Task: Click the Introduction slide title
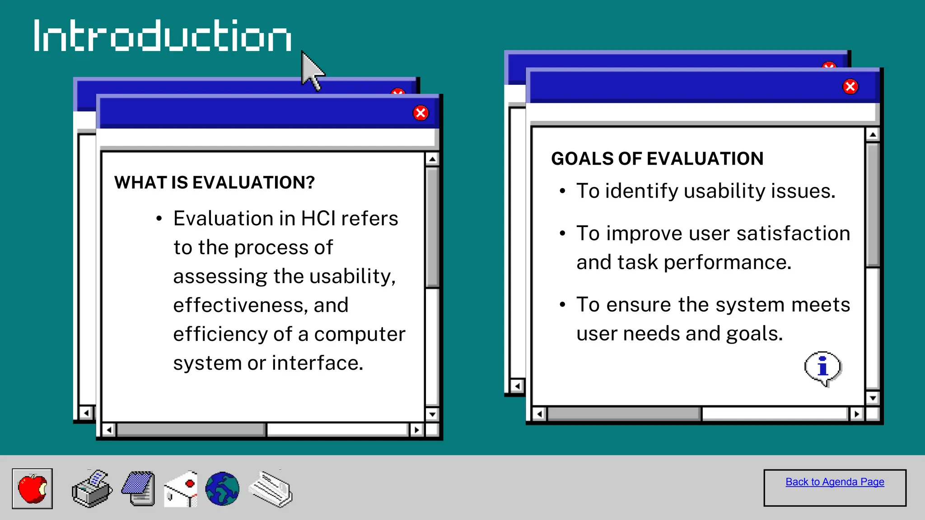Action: click(x=163, y=36)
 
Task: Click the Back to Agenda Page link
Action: click(x=835, y=482)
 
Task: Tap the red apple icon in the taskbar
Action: click(x=33, y=489)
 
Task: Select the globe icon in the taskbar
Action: click(x=222, y=489)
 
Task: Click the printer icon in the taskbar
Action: click(x=92, y=489)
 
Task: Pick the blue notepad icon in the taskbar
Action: click(x=139, y=489)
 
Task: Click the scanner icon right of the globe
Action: click(x=271, y=489)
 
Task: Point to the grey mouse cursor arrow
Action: click(x=312, y=70)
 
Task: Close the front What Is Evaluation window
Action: click(x=420, y=113)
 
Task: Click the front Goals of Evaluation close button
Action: click(x=850, y=86)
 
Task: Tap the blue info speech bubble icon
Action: click(x=823, y=368)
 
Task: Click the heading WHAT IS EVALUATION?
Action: click(x=214, y=183)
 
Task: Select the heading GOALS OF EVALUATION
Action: click(x=657, y=159)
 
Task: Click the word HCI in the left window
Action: click(x=318, y=219)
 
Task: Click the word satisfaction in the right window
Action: click(x=793, y=234)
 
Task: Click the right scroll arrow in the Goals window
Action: click(x=856, y=413)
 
